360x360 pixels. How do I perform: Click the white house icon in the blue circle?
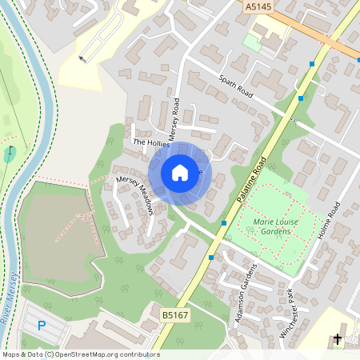tap(180, 173)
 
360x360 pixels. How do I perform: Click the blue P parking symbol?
tap(42, 324)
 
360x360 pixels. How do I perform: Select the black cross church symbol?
tap(337, 339)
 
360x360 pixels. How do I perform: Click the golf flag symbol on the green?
tap(9, 150)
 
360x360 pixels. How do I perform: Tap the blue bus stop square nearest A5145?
tap(313, 63)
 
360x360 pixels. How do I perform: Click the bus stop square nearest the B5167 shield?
tap(211, 258)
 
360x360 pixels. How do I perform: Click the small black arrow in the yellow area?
tap(82, 58)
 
